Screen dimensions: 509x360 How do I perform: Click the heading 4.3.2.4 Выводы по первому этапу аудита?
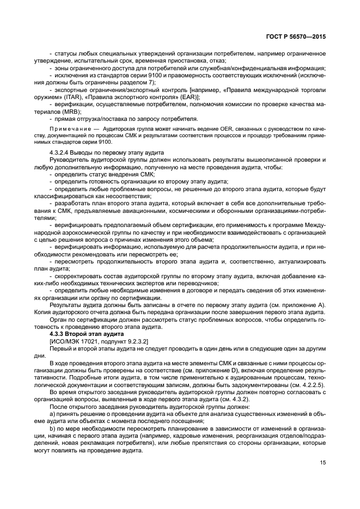pos(103,152)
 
